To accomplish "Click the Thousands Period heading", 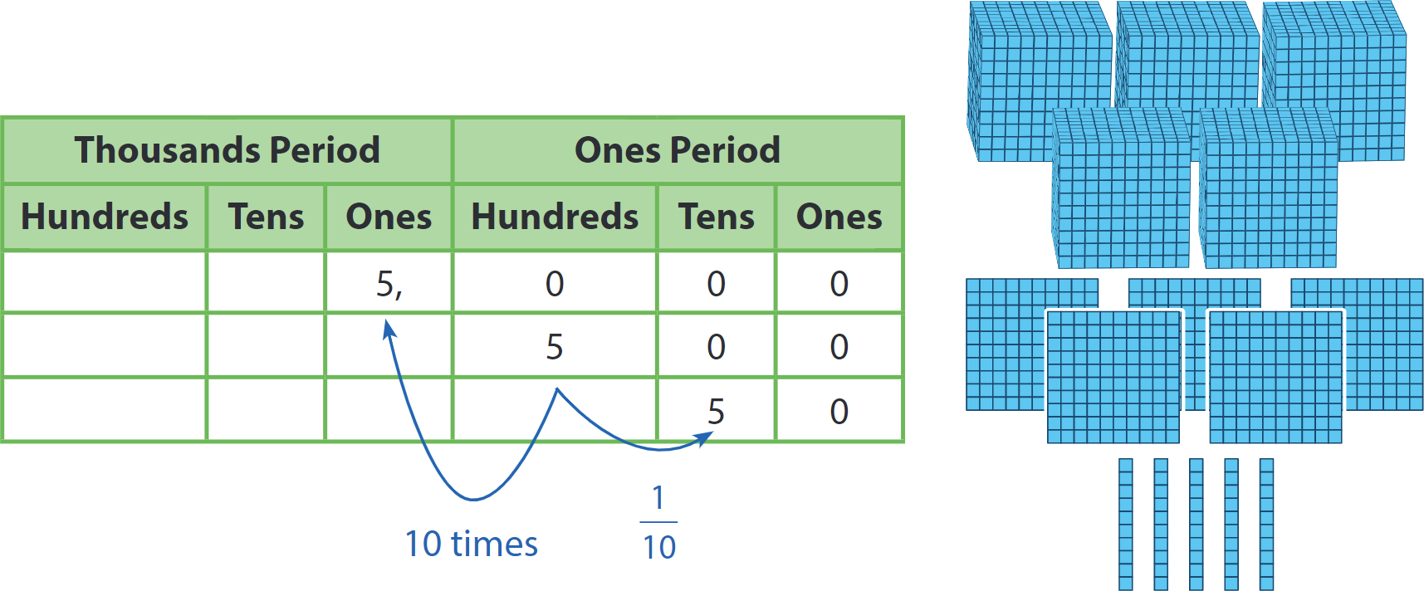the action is point(227,150).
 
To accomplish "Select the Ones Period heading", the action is point(678,150).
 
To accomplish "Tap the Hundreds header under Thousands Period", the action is point(105,217).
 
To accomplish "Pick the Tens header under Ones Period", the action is point(717,217).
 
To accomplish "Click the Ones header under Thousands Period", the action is point(389,217).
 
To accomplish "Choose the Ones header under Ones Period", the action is point(839,217).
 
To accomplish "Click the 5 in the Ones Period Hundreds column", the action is point(555,347).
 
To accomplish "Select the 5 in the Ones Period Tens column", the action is point(716,412).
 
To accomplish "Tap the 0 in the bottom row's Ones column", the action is point(839,412).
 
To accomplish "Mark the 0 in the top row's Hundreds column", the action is point(555,284).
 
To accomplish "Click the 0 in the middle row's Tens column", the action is point(716,347).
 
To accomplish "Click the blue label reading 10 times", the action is point(472,544).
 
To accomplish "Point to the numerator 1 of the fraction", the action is point(658,497).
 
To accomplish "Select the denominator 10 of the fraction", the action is point(659,547).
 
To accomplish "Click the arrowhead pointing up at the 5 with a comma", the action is point(389,330).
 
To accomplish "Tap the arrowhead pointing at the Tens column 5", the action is point(704,438).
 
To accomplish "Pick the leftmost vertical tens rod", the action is point(1126,525).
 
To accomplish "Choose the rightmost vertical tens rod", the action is point(1266,525).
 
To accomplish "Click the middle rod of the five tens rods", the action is point(1196,525).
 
